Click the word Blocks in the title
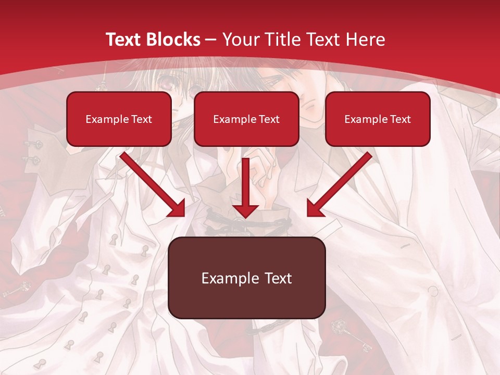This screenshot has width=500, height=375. click(x=174, y=40)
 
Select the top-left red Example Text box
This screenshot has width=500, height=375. click(x=119, y=119)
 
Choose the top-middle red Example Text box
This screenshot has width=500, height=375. click(x=246, y=119)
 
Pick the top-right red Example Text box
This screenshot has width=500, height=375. click(x=378, y=119)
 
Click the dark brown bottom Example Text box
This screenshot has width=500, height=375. click(x=247, y=278)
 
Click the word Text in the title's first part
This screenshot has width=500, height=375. click(x=125, y=40)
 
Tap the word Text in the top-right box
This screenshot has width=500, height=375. click(x=400, y=119)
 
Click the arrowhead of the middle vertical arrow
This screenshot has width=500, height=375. click(x=246, y=210)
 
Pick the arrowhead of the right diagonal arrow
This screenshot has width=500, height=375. click(x=315, y=208)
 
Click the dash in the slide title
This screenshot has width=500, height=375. click(x=211, y=40)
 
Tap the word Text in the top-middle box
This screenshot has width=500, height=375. click(x=269, y=119)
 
